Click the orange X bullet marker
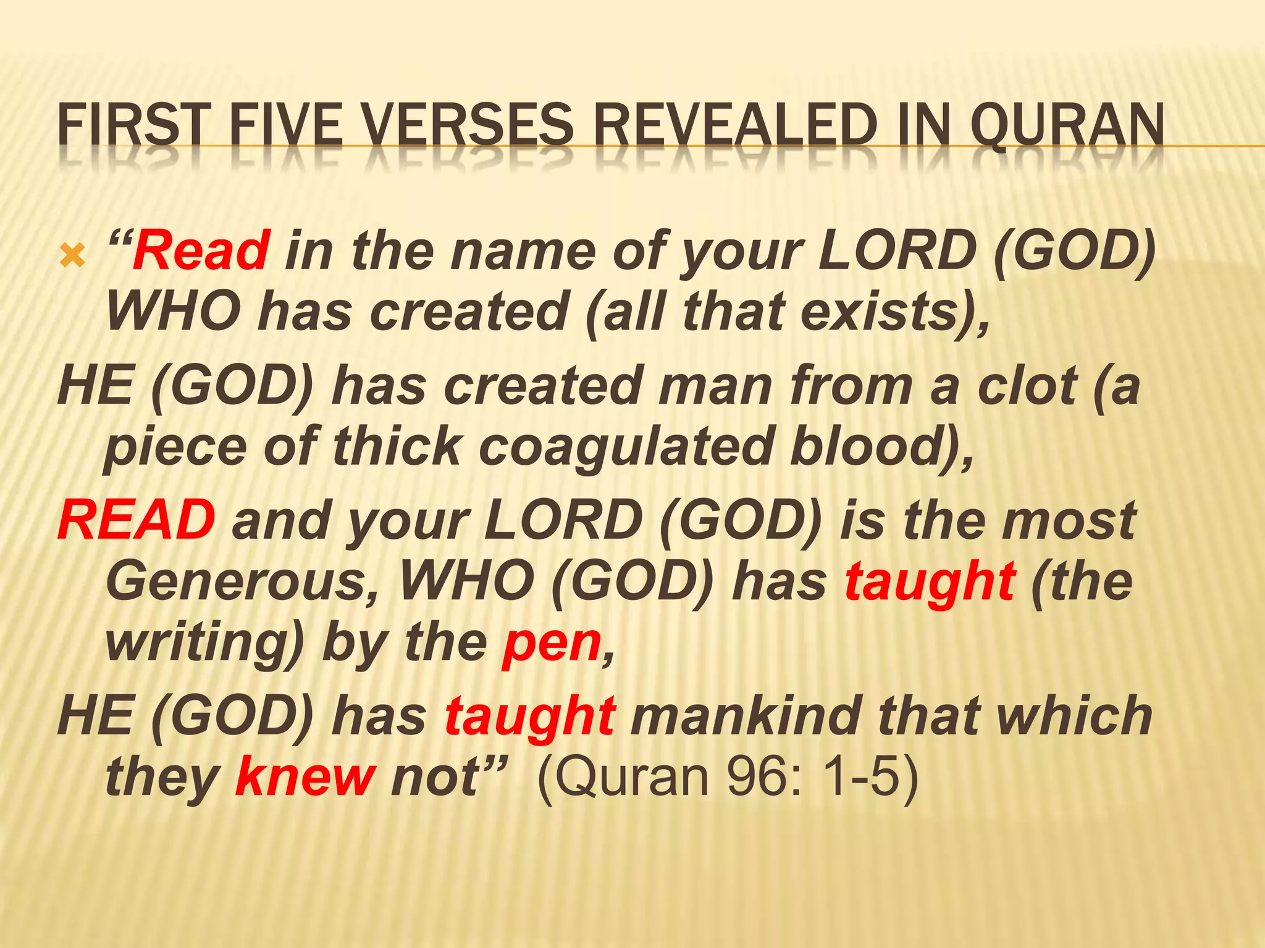(72, 255)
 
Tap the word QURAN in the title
(1067, 125)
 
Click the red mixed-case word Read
(201, 250)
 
